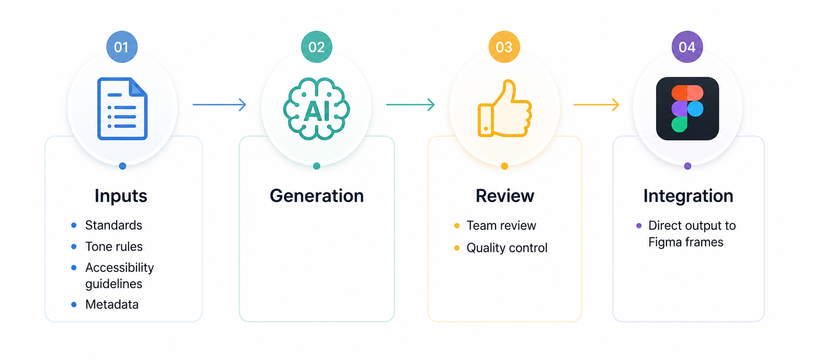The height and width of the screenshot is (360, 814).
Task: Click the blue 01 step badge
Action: click(122, 47)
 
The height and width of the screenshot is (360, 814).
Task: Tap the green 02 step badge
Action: click(317, 47)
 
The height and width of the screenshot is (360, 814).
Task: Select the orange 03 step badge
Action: click(504, 47)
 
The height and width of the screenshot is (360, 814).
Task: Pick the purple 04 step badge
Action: click(687, 47)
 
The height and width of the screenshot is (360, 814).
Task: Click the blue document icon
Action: click(122, 109)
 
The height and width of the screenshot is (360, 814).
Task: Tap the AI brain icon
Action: click(317, 109)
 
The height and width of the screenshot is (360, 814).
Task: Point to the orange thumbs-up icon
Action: click(504, 108)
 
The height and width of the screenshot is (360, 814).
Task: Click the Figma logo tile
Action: click(687, 108)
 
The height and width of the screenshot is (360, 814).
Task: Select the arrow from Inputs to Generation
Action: click(219, 104)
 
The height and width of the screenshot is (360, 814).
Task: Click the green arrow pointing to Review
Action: click(410, 104)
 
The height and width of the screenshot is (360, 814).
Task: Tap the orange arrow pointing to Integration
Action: click(596, 104)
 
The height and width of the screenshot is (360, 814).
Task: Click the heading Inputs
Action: click(121, 196)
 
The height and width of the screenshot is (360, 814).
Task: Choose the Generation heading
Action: click(317, 196)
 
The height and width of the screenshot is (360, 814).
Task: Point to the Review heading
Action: click(505, 196)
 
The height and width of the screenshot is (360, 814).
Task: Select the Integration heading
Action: click(688, 196)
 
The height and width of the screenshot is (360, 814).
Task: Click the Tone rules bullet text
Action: click(114, 246)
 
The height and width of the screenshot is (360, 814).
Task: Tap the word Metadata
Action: click(112, 304)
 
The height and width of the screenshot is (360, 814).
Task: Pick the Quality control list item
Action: click(507, 248)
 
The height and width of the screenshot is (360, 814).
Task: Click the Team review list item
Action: click(501, 225)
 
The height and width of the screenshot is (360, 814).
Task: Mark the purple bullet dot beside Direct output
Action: click(639, 225)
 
